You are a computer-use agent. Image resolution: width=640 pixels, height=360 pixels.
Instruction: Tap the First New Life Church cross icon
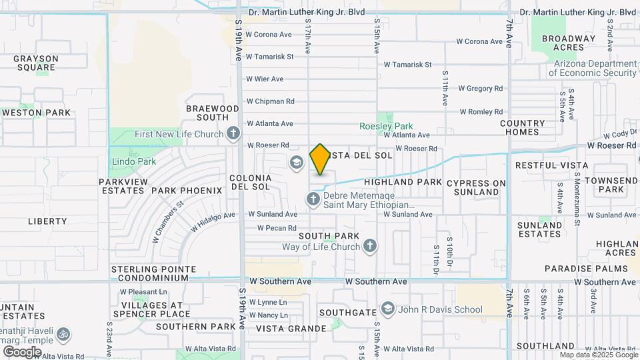tap(233, 134)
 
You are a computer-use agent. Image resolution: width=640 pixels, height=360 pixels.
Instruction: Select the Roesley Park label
tap(386, 126)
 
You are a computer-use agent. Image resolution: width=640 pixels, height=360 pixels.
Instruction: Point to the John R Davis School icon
tap(388, 309)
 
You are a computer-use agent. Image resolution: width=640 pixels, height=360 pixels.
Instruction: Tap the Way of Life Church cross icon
tap(371, 247)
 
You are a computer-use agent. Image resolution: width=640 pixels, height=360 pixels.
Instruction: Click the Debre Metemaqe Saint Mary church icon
tap(313, 199)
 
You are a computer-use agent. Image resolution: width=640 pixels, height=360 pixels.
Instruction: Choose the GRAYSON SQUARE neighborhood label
tap(36, 63)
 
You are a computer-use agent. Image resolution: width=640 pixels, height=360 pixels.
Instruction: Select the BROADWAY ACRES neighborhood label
tap(568, 43)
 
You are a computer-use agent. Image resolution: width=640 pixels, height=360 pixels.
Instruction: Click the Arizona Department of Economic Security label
tap(591, 68)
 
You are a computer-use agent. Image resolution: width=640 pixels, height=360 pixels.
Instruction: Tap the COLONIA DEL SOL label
tap(251, 182)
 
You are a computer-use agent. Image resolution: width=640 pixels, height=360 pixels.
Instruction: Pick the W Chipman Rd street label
tap(270, 101)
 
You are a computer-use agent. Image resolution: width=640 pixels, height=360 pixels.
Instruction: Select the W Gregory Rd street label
tap(480, 88)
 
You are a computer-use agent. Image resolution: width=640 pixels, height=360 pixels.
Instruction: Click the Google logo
tap(22, 351)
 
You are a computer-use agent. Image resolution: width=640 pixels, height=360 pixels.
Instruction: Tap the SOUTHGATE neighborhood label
tap(347, 312)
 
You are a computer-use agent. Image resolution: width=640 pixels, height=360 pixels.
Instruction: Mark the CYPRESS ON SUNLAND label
tap(476, 187)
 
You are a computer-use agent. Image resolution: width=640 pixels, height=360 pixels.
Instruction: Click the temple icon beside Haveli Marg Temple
tap(63, 333)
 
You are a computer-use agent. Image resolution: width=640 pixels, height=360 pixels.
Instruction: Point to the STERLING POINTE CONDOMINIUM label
tap(153, 273)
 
